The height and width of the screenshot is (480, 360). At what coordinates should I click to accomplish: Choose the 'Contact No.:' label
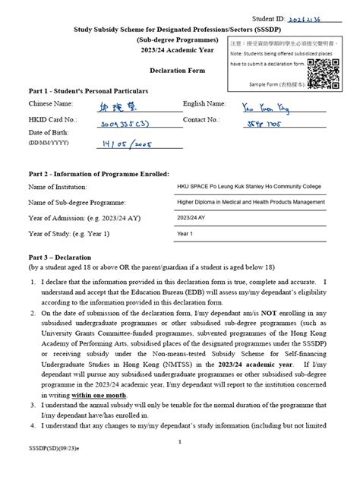(x=204, y=119)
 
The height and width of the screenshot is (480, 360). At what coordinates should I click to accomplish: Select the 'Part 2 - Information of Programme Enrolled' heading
(x=99, y=174)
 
